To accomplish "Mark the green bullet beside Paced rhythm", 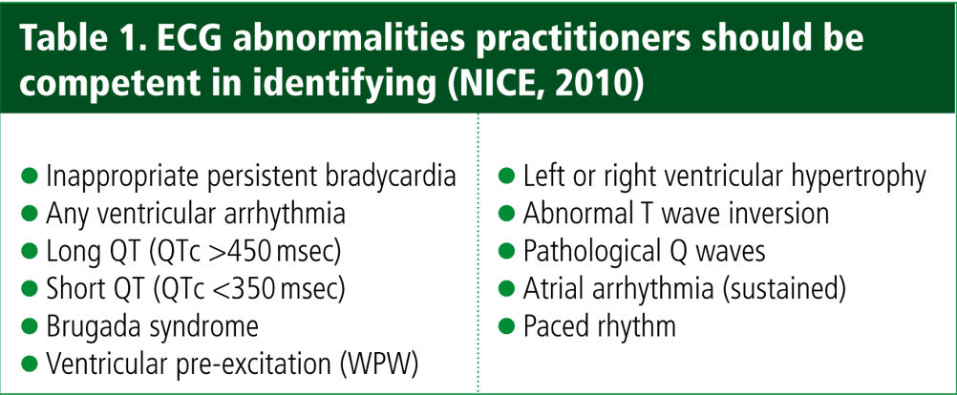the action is click(x=506, y=326).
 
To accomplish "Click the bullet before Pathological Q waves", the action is click(x=506, y=251).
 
